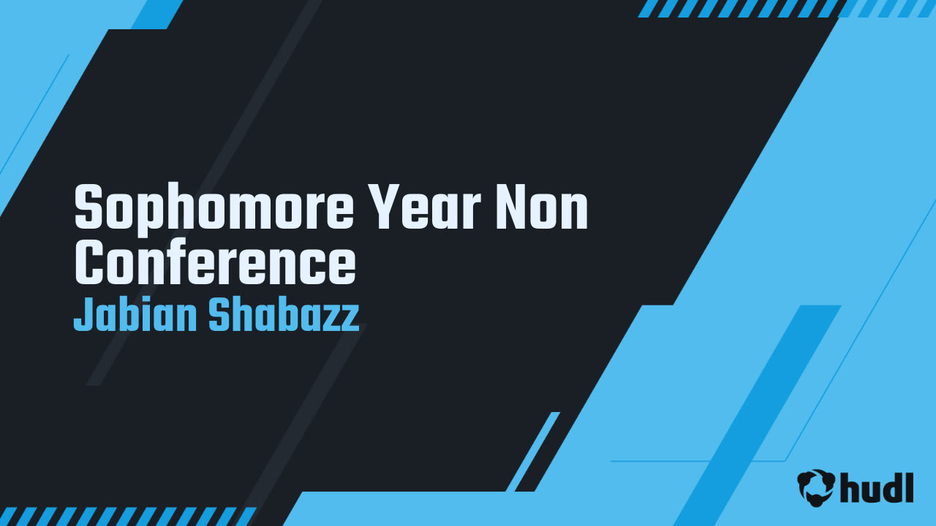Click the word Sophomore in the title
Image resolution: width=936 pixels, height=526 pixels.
[x=214, y=207]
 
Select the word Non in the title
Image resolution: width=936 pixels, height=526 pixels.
[x=542, y=207]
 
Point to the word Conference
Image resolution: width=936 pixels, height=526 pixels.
[x=215, y=262]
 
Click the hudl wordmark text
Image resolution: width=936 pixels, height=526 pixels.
[x=877, y=487]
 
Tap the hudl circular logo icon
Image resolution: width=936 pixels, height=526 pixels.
[x=815, y=487]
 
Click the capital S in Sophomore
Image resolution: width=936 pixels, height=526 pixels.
[x=88, y=207]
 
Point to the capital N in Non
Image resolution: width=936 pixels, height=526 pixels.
[x=511, y=207]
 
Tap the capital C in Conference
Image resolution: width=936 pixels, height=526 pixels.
[x=89, y=263]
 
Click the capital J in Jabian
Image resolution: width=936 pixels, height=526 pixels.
[x=83, y=314]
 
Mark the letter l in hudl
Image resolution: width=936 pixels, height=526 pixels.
[x=909, y=487]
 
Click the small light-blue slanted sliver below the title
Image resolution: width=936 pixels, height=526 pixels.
[x=533, y=451]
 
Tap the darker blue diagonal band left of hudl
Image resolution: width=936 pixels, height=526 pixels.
[x=757, y=416]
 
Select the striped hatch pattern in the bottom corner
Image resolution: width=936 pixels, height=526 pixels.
[x=128, y=517]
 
